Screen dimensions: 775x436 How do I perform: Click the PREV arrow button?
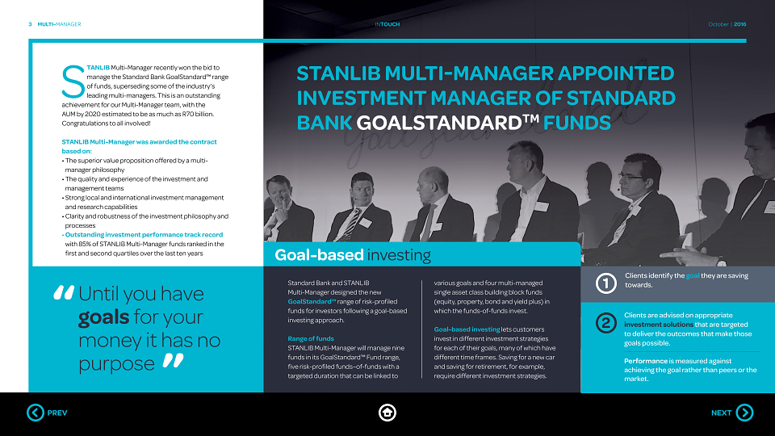[x=36, y=413]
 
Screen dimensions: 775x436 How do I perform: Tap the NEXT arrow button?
[x=744, y=413]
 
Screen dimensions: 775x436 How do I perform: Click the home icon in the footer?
[x=387, y=413]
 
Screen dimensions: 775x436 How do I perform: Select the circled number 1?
[x=606, y=283]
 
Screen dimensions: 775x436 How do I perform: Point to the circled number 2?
[x=606, y=323]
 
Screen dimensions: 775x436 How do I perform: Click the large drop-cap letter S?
[x=73, y=82]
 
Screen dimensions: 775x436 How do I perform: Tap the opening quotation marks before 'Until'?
[x=64, y=292]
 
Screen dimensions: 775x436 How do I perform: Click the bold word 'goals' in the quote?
[x=104, y=317]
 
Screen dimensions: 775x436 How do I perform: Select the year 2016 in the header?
[x=740, y=24]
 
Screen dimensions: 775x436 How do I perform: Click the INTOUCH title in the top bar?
[x=387, y=24]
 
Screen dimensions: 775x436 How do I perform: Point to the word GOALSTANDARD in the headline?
[x=439, y=123]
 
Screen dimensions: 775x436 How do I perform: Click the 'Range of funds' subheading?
[x=311, y=338]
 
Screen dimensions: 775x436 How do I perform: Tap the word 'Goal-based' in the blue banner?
[x=320, y=255]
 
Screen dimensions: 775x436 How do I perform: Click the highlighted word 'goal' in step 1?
[x=693, y=276]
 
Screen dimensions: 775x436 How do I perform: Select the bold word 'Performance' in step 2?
[x=646, y=361]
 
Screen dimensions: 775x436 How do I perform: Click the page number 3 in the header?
[x=30, y=24]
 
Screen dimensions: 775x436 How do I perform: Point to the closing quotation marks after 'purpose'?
[x=174, y=360]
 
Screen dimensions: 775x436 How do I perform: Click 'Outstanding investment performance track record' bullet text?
[x=144, y=235]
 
